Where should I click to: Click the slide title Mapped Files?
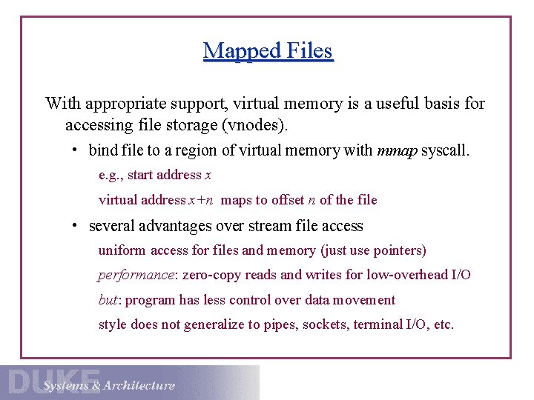(268, 50)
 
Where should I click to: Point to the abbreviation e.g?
(110, 176)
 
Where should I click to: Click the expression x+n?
(202, 200)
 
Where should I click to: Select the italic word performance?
(136, 276)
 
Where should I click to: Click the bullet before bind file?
(76, 150)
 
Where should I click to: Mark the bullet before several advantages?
(76, 226)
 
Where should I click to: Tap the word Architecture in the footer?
(139, 385)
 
